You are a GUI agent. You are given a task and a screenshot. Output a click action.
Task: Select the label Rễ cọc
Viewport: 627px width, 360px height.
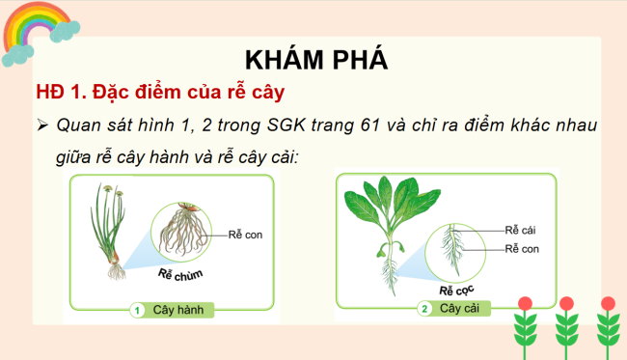[459, 289]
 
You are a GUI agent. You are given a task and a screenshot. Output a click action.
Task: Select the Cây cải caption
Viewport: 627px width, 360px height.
[461, 309]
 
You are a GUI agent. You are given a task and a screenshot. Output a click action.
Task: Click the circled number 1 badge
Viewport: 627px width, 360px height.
[138, 311]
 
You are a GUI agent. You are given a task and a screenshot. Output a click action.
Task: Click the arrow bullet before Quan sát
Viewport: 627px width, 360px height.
[42, 125]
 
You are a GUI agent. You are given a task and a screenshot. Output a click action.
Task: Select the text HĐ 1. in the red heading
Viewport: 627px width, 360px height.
[63, 93]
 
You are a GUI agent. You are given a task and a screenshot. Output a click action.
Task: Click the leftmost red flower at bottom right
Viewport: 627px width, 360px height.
[525, 304]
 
